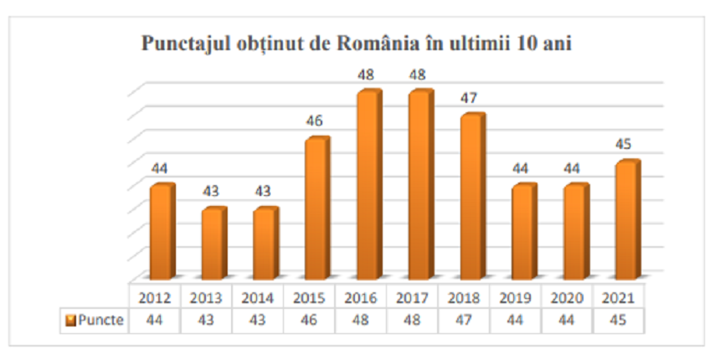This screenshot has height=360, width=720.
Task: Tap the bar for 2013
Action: tap(213, 244)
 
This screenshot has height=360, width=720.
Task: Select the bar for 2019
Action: tap(522, 232)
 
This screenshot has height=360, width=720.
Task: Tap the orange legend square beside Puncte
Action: tap(71, 320)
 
